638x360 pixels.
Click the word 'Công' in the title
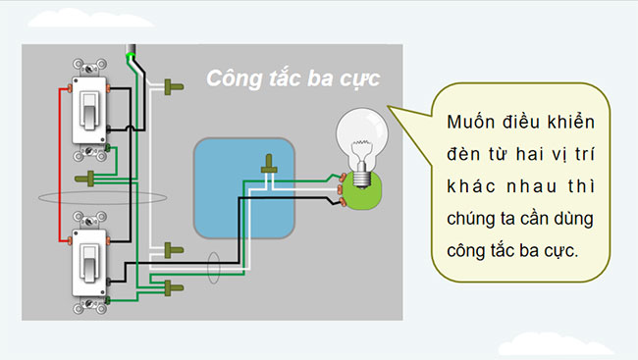235,79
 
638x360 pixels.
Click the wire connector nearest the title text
175,87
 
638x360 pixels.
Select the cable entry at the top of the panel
131,50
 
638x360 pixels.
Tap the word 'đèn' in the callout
463,155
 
